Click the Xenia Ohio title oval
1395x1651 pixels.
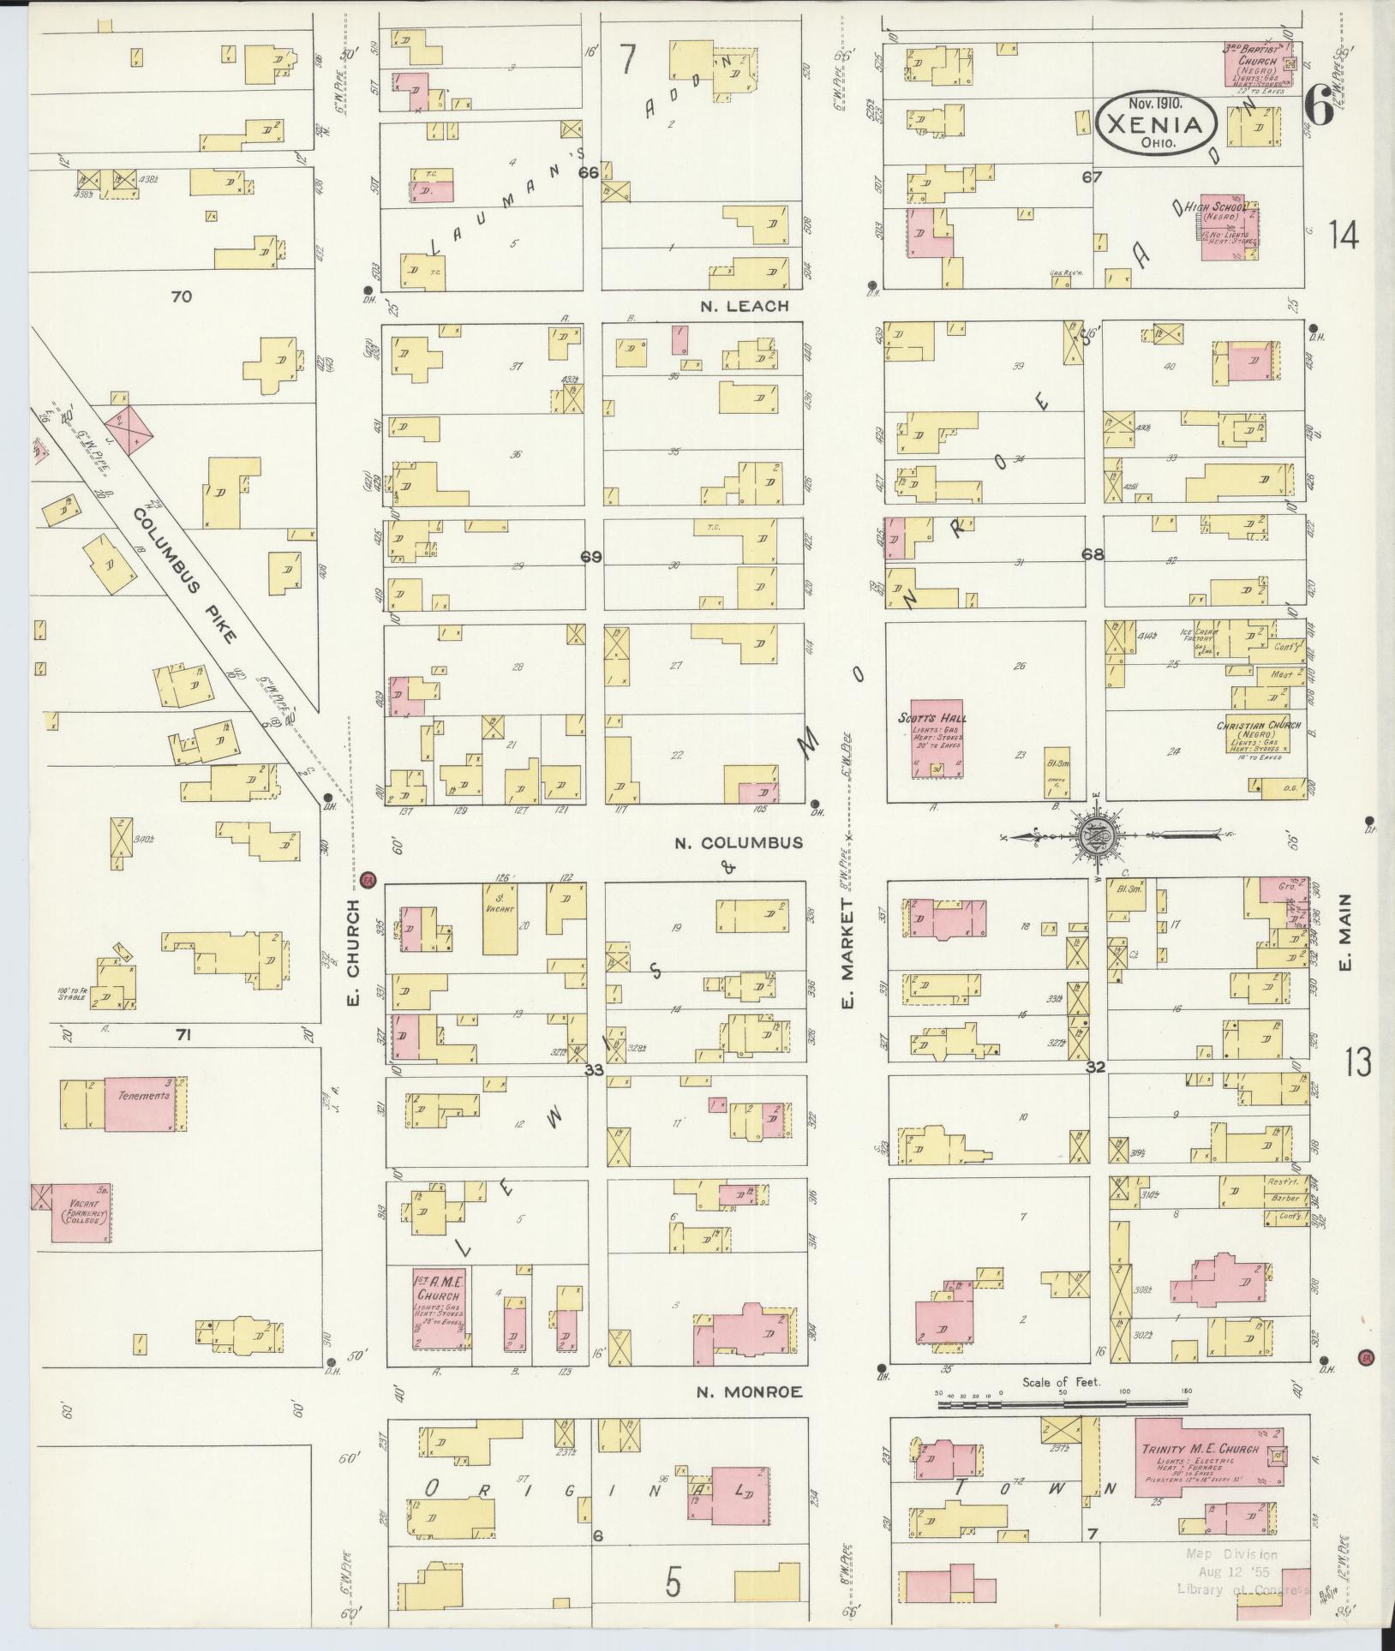pyautogui.click(x=1155, y=124)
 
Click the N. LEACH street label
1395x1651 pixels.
pyautogui.click(x=744, y=306)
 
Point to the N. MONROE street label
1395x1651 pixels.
pyautogui.click(x=749, y=1392)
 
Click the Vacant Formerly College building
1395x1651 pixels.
pyautogui.click(x=81, y=1212)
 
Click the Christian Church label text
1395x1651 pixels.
pyautogui.click(x=1258, y=725)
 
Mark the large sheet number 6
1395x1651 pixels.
pyautogui.click(x=1320, y=110)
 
